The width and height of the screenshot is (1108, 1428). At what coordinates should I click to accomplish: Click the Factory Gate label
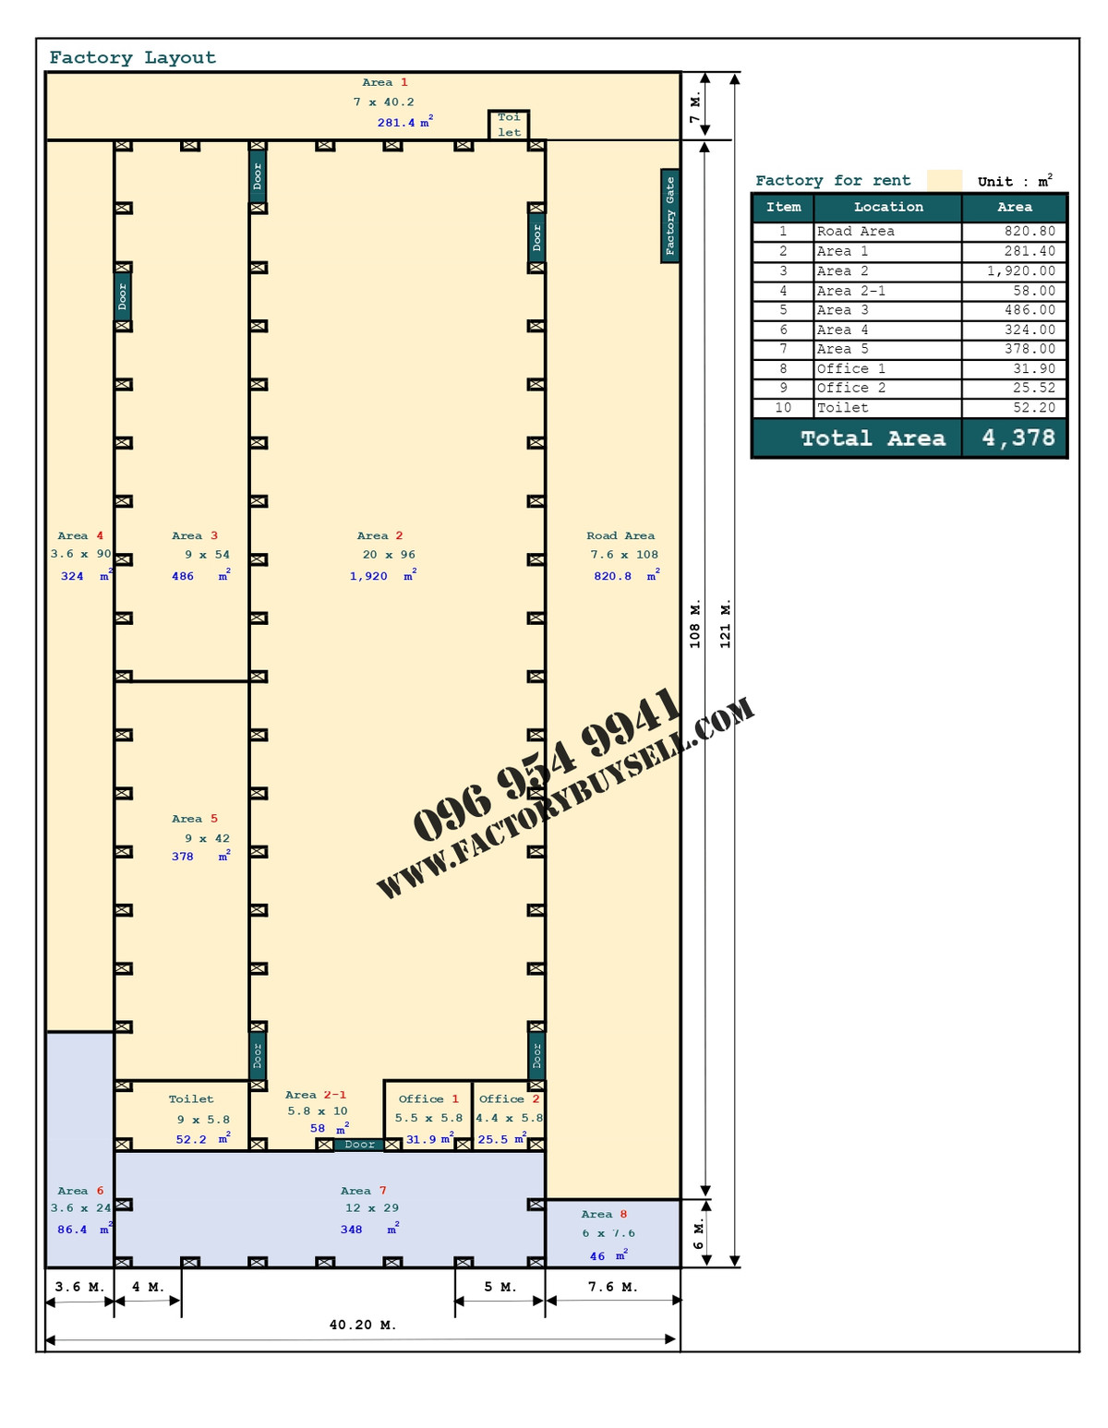[x=669, y=216]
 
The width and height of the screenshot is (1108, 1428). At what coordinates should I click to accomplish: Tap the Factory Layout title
[x=133, y=58]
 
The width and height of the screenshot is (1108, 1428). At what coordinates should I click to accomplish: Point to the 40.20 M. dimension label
[x=363, y=1325]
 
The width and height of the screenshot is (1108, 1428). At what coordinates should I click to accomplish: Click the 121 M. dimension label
[x=725, y=624]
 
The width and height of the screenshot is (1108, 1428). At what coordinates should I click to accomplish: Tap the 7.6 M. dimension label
[x=612, y=1287]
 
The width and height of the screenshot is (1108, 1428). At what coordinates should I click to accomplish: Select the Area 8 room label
[x=604, y=1215]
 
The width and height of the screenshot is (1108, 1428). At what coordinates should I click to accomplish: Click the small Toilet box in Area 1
[x=509, y=125]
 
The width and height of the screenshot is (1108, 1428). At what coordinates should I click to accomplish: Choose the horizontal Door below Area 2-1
[x=359, y=1144]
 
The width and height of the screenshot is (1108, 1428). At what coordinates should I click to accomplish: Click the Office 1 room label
[x=428, y=1098]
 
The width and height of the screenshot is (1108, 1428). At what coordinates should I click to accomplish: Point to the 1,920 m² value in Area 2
[x=383, y=576]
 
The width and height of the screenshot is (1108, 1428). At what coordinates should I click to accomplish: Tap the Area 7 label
[x=364, y=1191]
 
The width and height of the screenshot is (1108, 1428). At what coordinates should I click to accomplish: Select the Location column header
[x=888, y=207]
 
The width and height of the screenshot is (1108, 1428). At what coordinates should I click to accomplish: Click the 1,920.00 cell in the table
[x=1020, y=270]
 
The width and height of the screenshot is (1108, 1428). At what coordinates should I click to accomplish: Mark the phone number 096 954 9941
[x=547, y=763]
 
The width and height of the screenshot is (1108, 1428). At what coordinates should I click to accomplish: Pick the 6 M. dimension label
[x=698, y=1234]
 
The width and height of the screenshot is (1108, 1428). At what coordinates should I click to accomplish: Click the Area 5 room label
[x=195, y=819]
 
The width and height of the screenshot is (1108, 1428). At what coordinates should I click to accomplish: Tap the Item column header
[x=783, y=207]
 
